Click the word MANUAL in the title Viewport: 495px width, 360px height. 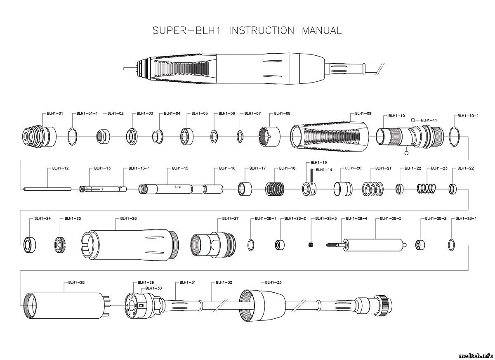point(322,31)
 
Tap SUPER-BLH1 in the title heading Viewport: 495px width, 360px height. point(187,31)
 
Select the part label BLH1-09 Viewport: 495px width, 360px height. point(363,114)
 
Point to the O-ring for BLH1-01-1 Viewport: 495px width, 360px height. point(73,136)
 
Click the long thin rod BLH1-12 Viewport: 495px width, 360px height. point(47,189)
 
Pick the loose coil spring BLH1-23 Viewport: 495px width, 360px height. point(426,189)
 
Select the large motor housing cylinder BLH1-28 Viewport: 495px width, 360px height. point(66,306)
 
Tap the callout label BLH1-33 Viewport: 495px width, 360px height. point(273,282)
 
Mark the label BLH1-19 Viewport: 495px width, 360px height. point(318,163)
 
